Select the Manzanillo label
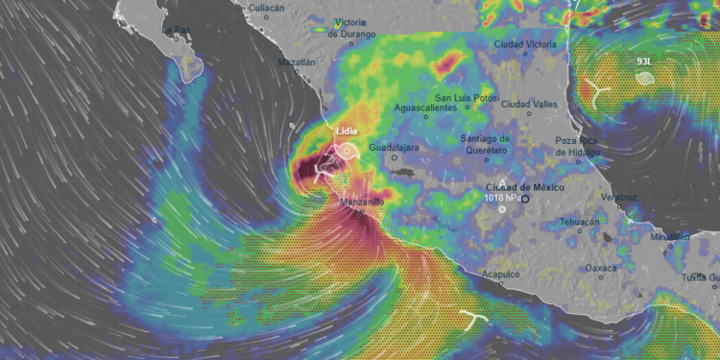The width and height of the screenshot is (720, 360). coord(362,203)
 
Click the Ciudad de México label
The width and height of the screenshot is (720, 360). coord(521,186)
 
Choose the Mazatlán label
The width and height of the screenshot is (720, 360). coord(296,61)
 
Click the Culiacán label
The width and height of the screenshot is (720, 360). coord(268,8)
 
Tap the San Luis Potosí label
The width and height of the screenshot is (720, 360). coord(466,98)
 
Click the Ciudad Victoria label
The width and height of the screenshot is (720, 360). coord(525,44)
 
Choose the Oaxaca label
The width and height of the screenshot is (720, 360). coord(601,268)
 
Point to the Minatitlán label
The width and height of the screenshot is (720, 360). coord(670,236)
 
